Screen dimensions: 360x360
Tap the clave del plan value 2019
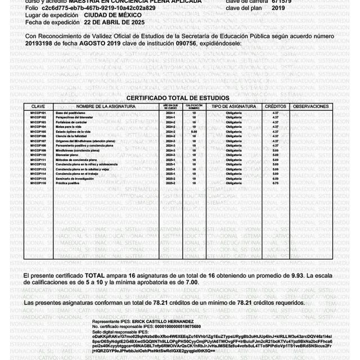coord(278,8)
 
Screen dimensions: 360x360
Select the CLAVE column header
coord(38,106)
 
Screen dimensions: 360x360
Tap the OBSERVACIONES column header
coord(311,106)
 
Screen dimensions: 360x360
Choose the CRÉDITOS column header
coord(275,106)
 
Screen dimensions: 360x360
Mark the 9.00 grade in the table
coord(193,132)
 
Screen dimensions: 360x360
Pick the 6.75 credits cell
coord(275,183)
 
